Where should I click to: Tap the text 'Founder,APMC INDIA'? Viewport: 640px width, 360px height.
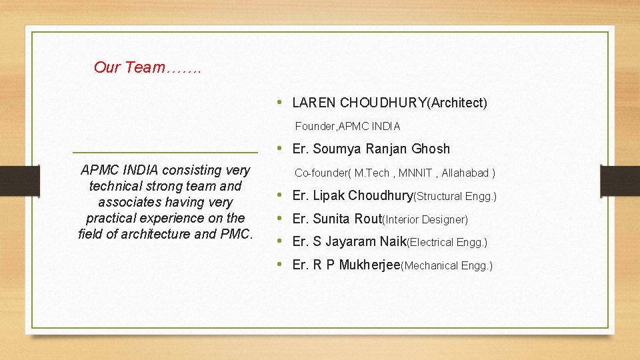(347, 126)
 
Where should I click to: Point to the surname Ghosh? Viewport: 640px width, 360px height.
(431, 149)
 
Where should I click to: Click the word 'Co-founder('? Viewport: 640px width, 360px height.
(323, 173)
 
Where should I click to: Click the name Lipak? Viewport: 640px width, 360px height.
(329, 196)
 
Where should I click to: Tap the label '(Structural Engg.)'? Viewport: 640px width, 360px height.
(455, 197)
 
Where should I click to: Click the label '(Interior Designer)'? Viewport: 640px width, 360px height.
(425, 220)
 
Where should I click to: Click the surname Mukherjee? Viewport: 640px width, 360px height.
(369, 265)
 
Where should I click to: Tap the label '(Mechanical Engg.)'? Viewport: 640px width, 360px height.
(447, 266)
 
